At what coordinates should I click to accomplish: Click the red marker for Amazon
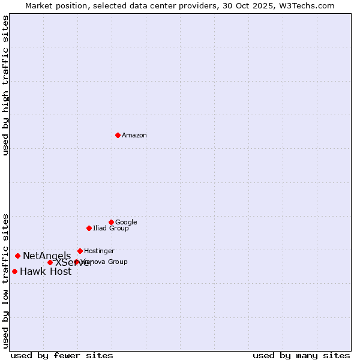click(118, 135)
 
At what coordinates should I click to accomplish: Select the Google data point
click(111, 222)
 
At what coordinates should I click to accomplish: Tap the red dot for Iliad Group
click(89, 228)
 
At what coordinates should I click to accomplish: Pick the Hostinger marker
click(80, 251)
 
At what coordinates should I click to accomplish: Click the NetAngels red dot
click(17, 256)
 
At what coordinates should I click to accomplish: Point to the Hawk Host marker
click(14, 271)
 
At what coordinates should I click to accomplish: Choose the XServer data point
click(50, 262)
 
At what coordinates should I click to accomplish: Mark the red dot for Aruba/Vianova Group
click(76, 262)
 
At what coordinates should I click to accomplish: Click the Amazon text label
click(134, 136)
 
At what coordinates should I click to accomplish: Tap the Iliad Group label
click(111, 229)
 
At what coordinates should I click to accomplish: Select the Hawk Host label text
click(46, 272)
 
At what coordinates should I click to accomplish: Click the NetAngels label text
click(47, 256)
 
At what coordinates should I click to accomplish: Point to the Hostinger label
click(99, 251)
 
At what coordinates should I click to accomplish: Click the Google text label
click(126, 223)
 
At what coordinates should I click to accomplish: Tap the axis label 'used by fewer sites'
click(62, 356)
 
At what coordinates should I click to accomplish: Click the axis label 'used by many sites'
click(301, 356)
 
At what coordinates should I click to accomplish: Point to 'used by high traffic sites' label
click(6, 85)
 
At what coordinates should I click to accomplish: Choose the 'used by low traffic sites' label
click(6, 280)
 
